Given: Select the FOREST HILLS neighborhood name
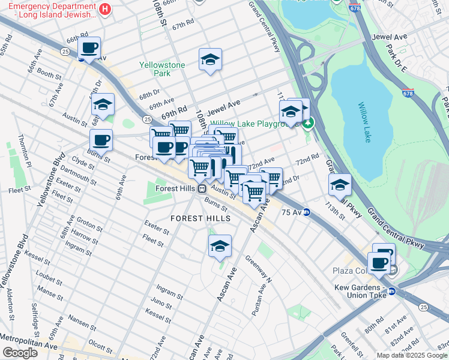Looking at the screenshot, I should tap(200, 218).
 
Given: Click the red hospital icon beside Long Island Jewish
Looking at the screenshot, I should tap(105, 9).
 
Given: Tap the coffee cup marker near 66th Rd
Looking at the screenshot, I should tap(89, 48).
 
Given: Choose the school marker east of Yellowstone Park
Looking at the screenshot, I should tap(210, 60).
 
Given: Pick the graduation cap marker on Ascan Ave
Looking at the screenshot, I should tap(220, 246).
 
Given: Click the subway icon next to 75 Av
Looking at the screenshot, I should tap(306, 212).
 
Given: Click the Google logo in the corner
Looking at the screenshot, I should tap(19, 353).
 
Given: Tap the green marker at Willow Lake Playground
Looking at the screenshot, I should tap(308, 124).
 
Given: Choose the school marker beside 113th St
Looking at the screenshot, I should tap(340, 185).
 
